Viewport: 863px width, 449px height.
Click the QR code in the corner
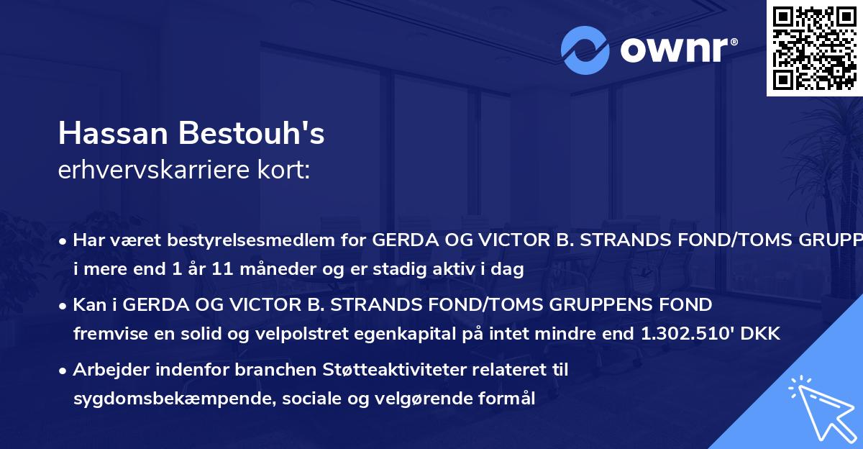coord(814,48)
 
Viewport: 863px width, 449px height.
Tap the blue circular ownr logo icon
coord(585,50)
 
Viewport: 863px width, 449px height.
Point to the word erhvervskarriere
coord(152,171)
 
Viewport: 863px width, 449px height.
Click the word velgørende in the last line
coord(406,399)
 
